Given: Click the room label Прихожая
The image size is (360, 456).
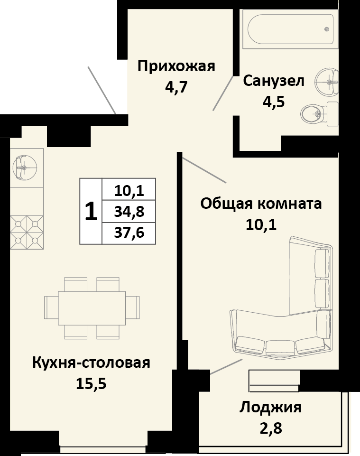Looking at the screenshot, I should tap(176, 66).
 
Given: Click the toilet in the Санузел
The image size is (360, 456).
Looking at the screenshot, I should tap(319, 112).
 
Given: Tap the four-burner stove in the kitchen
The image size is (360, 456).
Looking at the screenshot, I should tap(27, 232).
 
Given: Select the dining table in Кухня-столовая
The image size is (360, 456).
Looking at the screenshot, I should tap(92, 308).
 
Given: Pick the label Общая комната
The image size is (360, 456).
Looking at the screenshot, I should tap(261, 204).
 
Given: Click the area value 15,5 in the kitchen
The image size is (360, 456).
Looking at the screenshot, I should tap(91, 383).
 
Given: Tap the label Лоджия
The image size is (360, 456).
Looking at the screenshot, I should tap(270, 407).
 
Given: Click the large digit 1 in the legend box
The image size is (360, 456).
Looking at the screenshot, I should tap(91, 211).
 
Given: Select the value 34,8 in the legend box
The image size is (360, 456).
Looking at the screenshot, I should tap(129, 211).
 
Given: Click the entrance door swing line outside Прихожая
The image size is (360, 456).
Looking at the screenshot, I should tap(102, 90).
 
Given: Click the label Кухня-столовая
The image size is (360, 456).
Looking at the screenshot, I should tap(91, 363).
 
